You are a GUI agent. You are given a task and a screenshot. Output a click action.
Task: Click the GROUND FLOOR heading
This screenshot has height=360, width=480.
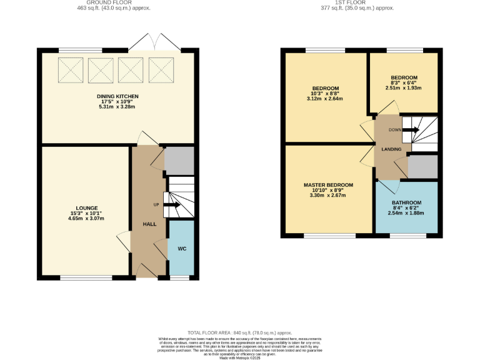(118, 3)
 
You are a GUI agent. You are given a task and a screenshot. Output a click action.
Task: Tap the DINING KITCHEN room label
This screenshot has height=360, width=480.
(117, 96)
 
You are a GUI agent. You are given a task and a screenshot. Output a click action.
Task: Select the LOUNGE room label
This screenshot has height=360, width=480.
(87, 207)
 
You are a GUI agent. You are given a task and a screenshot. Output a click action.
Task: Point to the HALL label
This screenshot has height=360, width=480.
(149, 224)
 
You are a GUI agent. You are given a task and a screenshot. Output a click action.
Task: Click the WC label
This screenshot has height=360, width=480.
(182, 249)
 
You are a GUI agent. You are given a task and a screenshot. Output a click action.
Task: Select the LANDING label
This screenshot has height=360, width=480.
(391, 149)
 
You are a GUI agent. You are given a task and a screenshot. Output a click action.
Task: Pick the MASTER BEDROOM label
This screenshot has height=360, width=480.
(328, 185)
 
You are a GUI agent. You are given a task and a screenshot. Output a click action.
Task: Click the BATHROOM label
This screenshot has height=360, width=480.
(406, 202)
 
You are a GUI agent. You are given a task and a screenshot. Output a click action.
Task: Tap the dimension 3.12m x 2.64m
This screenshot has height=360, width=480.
(326, 98)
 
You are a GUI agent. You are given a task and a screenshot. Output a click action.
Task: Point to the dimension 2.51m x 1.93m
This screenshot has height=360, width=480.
(404, 88)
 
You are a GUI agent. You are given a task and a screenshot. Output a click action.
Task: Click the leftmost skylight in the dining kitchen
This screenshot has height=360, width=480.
(71, 70)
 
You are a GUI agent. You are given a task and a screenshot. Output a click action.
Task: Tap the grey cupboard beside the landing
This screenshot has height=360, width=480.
(422, 166)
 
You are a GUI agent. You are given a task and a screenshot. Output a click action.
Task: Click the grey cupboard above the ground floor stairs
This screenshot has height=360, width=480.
(179, 160)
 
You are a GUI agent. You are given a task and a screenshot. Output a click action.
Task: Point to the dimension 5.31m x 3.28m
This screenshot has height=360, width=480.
(117, 107)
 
